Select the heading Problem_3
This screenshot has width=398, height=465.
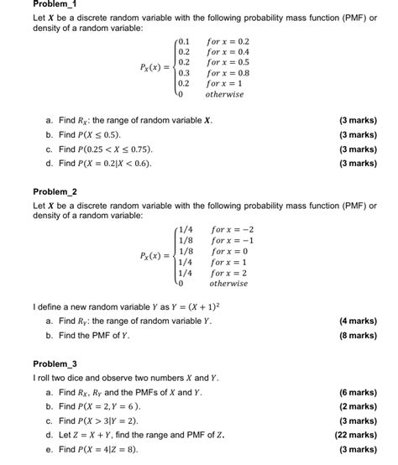pyautogui.click(x=55, y=363)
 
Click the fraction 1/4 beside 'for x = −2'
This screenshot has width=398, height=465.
pyautogui.click(x=186, y=229)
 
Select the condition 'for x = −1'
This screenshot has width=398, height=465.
pyautogui.click(x=233, y=240)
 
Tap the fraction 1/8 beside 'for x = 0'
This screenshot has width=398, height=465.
pyautogui.click(x=186, y=251)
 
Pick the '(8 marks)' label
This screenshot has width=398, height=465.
pyautogui.click(x=358, y=335)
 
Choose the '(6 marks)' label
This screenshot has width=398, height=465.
pyautogui.click(x=358, y=392)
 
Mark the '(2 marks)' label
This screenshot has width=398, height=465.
pyautogui.click(x=358, y=406)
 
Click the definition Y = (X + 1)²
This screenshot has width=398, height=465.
pyautogui.click(x=191, y=306)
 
